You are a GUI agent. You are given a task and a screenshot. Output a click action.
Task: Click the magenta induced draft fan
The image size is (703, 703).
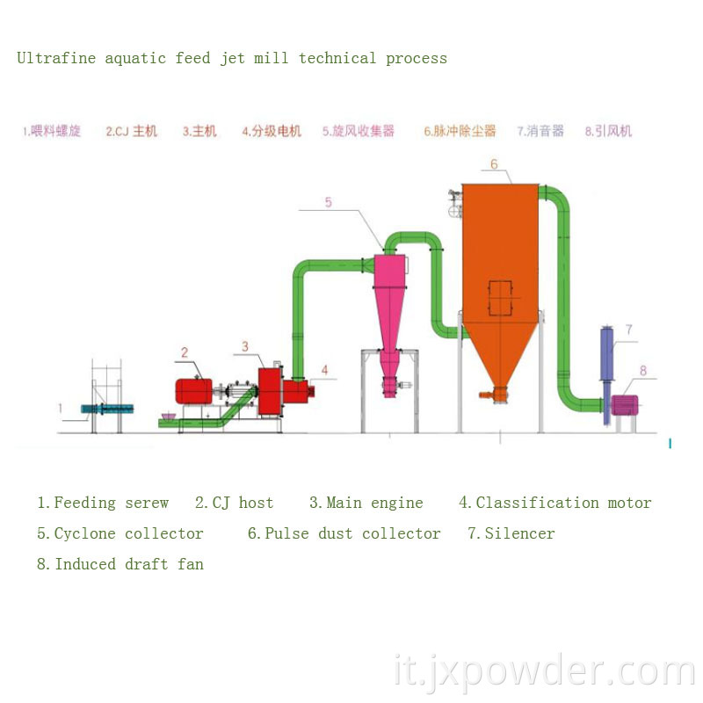pos(625,405)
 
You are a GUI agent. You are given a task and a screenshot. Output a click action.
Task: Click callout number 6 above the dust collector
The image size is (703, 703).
pos(494,164)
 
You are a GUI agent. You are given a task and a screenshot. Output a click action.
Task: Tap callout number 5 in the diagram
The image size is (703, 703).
pos(328,202)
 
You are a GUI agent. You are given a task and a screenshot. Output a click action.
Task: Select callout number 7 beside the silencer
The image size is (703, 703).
pos(629,330)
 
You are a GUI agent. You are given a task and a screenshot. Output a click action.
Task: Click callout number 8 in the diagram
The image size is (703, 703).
pos(642,371)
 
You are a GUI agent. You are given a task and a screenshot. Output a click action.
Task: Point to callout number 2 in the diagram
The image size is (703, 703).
pos(185,352)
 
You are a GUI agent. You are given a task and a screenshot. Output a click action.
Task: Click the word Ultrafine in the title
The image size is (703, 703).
pos(56,59)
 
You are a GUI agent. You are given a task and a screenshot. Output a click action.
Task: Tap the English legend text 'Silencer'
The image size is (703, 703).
pos(520,533)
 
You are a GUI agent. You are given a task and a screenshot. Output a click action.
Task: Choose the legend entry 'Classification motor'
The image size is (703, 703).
pos(563,503)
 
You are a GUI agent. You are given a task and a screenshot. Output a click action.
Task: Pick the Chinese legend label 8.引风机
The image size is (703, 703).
pos(608,132)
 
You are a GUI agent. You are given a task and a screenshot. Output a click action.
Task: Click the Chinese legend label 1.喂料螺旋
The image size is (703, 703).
pos(52,132)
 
